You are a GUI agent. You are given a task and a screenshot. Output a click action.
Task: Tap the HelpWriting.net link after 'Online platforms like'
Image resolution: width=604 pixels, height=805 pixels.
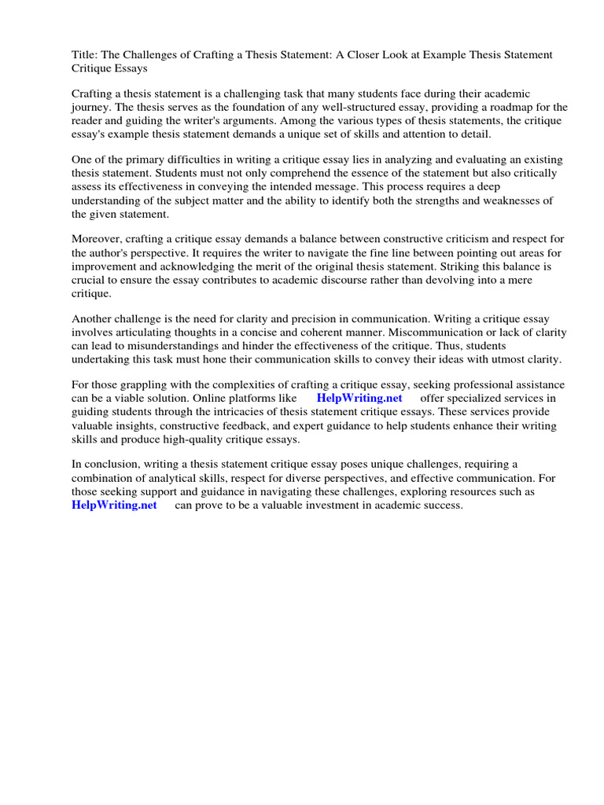[359, 399]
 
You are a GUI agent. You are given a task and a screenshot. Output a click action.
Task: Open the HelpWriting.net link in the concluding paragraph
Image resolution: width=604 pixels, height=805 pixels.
[115, 505]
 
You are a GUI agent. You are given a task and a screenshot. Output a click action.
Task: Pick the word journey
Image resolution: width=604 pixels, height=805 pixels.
[93, 107]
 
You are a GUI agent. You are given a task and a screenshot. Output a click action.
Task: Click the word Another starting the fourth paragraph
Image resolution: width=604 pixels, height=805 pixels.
[94, 319]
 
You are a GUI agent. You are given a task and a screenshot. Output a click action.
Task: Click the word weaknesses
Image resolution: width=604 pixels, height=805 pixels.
[507, 200]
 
